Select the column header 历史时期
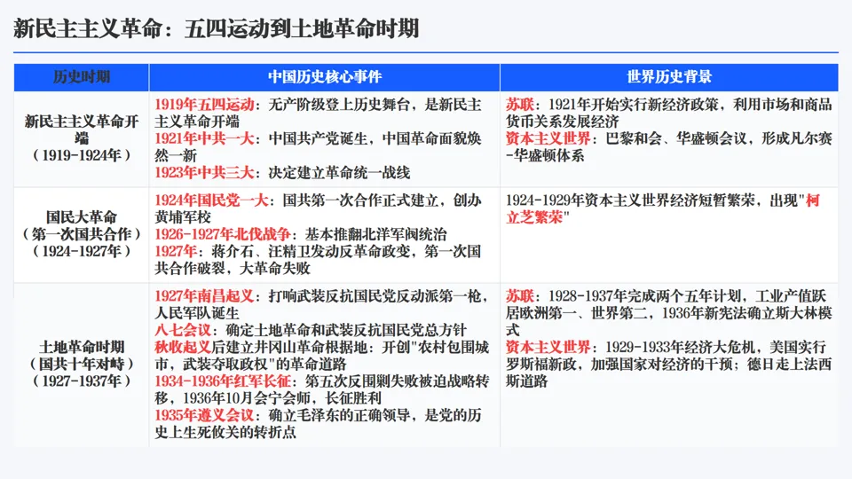point(81,77)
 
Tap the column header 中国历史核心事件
point(325,77)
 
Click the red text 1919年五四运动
point(205,105)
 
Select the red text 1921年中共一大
point(205,138)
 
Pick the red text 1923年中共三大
point(205,172)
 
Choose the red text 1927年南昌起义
point(205,295)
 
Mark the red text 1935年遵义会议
point(205,415)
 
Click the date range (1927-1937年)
point(81,380)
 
